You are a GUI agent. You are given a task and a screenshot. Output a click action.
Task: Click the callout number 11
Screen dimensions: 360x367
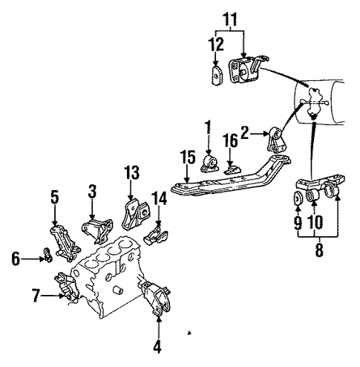coord(230,19)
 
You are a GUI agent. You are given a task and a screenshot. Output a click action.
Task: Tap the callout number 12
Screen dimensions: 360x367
coord(216,44)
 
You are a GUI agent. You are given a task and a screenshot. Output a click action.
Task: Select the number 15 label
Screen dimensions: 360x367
coord(188,157)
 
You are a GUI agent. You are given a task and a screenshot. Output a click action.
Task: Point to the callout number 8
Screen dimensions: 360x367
coord(319,250)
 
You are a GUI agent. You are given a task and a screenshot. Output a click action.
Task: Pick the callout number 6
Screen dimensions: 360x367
coord(16,259)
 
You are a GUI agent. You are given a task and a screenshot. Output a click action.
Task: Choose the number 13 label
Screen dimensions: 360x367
coord(131,172)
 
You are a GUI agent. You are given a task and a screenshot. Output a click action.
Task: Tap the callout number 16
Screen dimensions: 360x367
coord(230,140)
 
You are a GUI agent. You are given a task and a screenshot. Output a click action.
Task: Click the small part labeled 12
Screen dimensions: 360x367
coord(217,75)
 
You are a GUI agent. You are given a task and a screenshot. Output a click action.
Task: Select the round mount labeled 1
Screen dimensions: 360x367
coord(210,163)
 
